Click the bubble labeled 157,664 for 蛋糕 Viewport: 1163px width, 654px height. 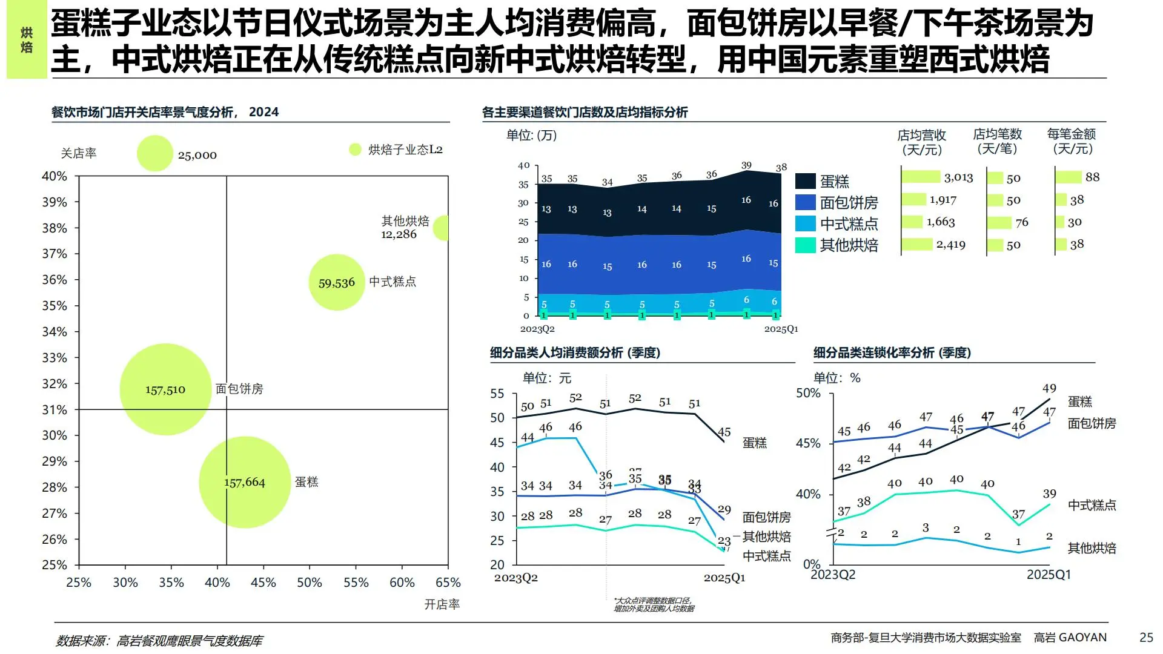(x=245, y=482)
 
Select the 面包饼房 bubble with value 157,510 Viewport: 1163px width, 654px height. (x=165, y=389)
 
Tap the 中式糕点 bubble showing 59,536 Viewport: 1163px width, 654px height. (x=337, y=283)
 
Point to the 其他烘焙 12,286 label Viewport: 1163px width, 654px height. (x=405, y=228)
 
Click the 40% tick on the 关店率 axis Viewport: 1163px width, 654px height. (x=55, y=176)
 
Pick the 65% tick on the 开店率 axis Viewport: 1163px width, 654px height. (x=448, y=583)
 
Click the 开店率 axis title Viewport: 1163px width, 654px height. (x=442, y=604)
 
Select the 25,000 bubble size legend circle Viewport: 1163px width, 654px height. (x=155, y=153)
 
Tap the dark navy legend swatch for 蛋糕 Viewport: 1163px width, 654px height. (x=805, y=181)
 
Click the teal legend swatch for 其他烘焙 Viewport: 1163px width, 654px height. (x=805, y=245)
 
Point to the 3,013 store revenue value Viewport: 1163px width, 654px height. (x=958, y=177)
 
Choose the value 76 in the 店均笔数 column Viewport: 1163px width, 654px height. (x=1022, y=222)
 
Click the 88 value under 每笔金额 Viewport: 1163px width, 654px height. (x=1092, y=177)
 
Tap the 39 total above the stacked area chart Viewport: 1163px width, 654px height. (x=746, y=165)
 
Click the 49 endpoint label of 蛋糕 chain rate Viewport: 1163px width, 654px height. (x=1049, y=388)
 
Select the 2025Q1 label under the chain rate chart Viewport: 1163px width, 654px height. (x=1049, y=574)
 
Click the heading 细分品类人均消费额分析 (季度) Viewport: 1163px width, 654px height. (x=575, y=352)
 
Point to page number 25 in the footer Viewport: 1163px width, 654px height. (x=1146, y=637)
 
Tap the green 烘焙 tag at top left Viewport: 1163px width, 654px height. (x=27, y=40)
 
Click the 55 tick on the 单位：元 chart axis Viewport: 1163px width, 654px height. (x=497, y=394)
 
